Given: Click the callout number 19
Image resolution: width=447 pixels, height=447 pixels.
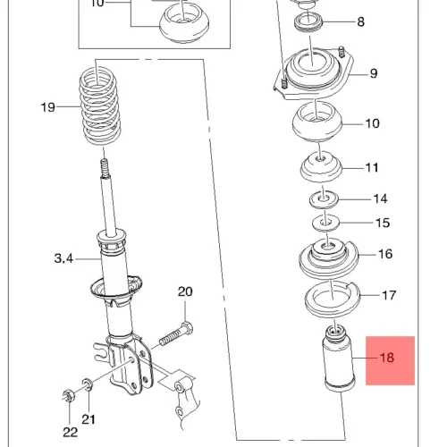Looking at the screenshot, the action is pos(48,107).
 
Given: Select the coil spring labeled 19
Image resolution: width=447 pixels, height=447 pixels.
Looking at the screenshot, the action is pos(100,106).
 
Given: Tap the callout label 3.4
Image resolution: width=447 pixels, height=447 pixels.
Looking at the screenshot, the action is pos(63,258).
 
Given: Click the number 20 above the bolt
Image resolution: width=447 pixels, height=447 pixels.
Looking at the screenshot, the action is pos(185,291).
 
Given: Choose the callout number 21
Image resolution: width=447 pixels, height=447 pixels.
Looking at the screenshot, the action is pos(89,419).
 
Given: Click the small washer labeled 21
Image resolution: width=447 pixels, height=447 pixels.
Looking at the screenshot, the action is pos(88,384).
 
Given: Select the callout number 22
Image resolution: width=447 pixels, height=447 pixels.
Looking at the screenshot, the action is pos(71,432).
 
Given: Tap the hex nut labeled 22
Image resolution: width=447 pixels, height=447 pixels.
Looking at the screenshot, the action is pos(69,395).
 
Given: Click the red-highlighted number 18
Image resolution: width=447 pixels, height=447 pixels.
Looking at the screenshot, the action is pos(387,358).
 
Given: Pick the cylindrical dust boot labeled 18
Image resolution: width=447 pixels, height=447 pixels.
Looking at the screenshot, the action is pos(339,359).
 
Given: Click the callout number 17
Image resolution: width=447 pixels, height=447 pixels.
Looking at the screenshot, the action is pos(389,295).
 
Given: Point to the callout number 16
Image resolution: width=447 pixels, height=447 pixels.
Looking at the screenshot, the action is pos(385,254).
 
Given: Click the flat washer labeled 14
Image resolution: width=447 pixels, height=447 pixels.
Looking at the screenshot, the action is pos(324,200).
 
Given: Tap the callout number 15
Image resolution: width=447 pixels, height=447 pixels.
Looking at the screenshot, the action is pos(383,223).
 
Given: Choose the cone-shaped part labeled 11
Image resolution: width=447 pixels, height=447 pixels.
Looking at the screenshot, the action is pos(321,167).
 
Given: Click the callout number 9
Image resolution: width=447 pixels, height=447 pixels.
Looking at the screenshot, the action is pos(374,73).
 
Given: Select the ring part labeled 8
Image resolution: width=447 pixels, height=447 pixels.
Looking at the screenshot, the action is pos(308,23).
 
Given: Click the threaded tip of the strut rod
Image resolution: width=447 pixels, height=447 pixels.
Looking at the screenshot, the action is pos(105,167).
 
